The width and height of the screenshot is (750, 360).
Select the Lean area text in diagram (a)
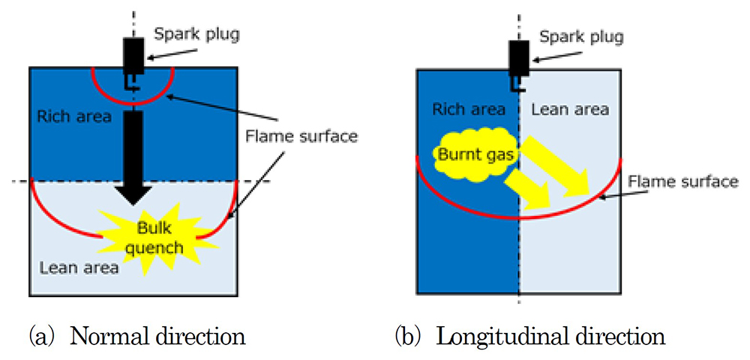78,266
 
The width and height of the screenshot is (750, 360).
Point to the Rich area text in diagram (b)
469,109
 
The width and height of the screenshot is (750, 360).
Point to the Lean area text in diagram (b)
570,109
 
